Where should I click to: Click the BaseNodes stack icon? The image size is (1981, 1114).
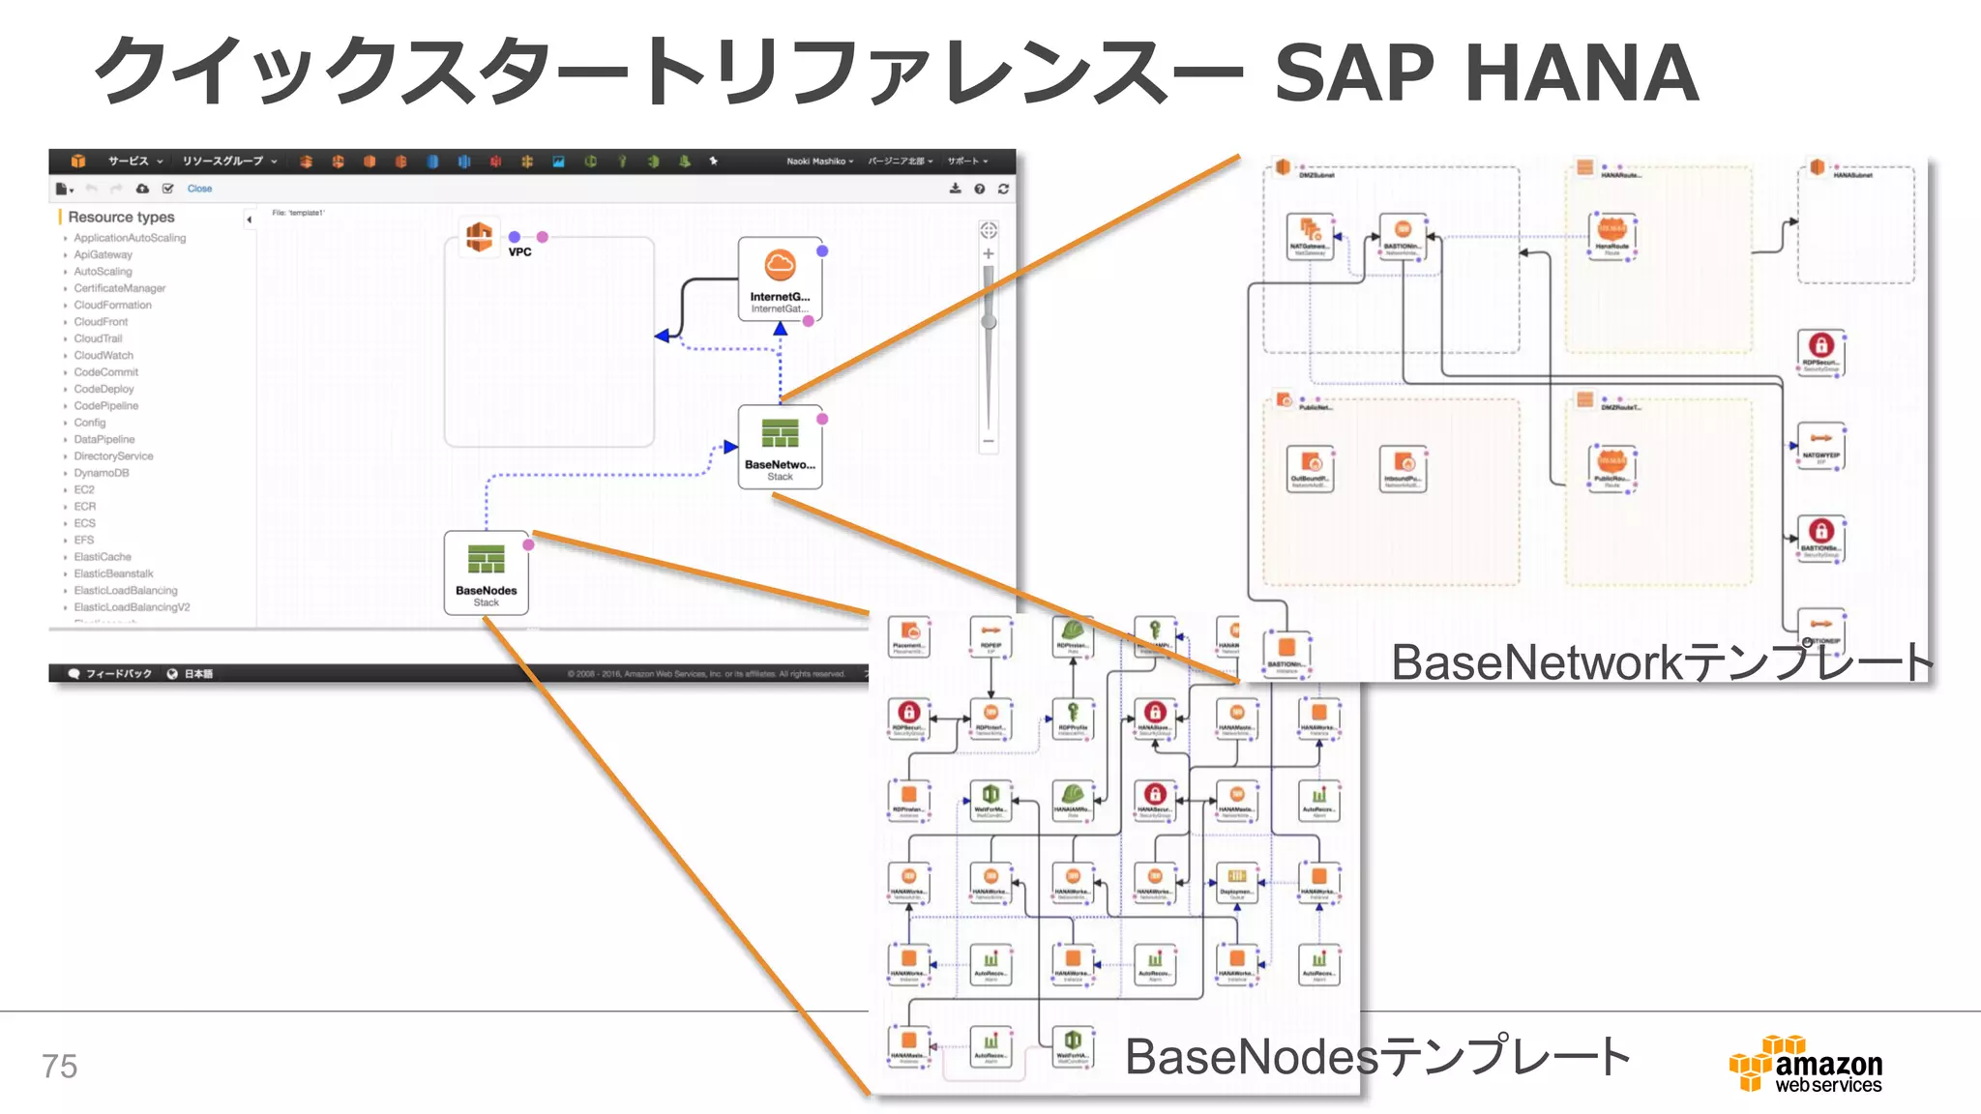tap(486, 560)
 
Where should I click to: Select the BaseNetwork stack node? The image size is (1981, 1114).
tap(780, 446)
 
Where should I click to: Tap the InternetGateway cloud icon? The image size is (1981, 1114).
tap(780, 265)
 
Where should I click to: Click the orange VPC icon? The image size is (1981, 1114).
tap(479, 236)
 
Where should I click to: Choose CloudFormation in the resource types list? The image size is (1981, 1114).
tap(112, 305)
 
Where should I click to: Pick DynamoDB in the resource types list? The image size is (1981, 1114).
tap(101, 473)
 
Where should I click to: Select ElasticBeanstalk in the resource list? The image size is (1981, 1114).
tap(113, 573)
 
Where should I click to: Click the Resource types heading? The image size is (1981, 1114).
tap(121, 218)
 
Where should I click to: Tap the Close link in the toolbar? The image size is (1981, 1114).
tap(199, 189)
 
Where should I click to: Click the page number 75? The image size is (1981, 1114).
tap(59, 1066)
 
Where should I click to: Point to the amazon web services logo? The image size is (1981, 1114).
tap(1806, 1065)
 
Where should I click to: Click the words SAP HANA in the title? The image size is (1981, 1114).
tap(1486, 73)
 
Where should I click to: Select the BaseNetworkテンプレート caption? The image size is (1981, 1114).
tap(1661, 663)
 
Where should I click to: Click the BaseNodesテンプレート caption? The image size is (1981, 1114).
tap(1376, 1057)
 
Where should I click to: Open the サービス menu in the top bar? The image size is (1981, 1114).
tap(134, 161)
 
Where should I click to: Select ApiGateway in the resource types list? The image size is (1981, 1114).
tap(103, 254)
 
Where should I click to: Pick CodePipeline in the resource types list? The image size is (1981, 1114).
tap(105, 406)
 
